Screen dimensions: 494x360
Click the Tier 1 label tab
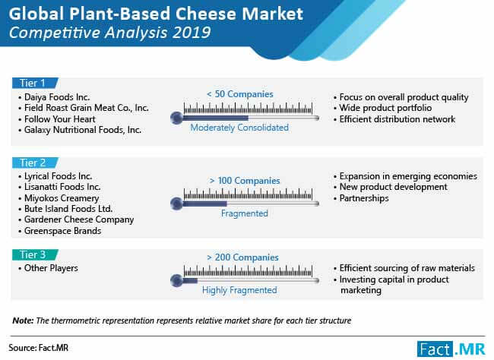click(35, 83)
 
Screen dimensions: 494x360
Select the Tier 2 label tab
click(35, 163)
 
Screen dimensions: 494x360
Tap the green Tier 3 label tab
click(35, 254)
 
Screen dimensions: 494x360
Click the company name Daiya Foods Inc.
click(57, 97)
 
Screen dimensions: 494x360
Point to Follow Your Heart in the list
click(60, 119)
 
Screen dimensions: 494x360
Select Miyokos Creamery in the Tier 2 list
click(62, 198)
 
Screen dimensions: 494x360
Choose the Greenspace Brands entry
click(62, 231)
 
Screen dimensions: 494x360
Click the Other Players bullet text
click(51, 268)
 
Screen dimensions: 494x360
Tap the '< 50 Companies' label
click(240, 94)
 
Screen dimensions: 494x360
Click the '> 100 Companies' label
click(245, 181)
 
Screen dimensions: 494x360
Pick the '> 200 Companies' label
click(242, 257)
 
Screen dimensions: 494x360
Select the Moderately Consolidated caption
click(239, 128)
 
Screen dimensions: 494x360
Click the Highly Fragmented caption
click(239, 290)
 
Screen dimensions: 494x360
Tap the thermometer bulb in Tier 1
click(177, 118)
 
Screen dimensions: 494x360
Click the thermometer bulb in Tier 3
click(177, 280)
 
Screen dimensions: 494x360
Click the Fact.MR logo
click(451, 349)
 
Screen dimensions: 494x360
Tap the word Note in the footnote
click(23, 321)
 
